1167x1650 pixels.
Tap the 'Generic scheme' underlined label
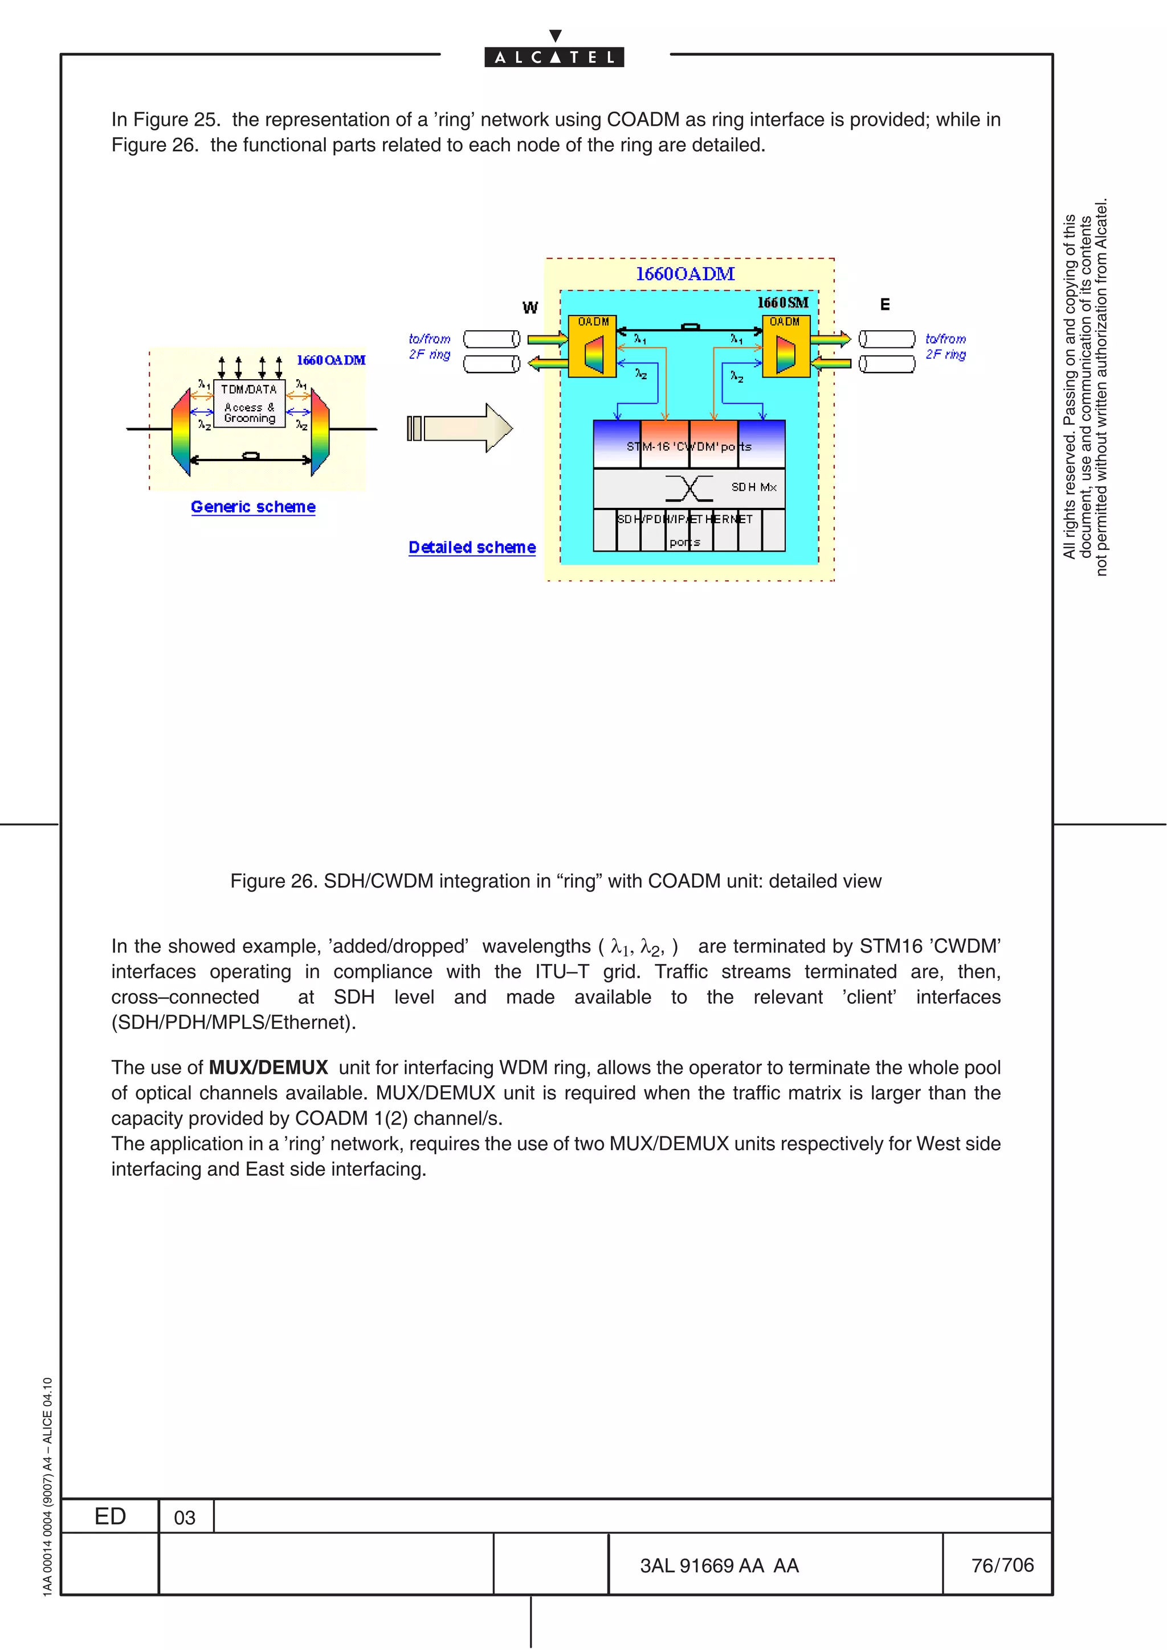[x=253, y=507]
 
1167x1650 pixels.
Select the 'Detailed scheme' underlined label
[x=472, y=548]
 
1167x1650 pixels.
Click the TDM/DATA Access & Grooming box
[x=249, y=404]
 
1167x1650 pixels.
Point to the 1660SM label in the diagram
[x=782, y=302]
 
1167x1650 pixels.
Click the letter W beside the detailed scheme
[x=530, y=307]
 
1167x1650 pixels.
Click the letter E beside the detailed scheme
[x=884, y=305]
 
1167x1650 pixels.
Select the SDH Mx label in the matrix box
[x=753, y=487]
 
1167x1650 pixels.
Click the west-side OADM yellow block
[x=593, y=346]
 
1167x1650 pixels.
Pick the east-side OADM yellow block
[x=785, y=346]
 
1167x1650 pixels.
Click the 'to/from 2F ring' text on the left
[x=429, y=346]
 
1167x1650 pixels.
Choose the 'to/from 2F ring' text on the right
[x=945, y=346]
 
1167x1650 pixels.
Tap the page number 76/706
[x=1002, y=1565]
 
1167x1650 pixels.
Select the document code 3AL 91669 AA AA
[x=719, y=1566]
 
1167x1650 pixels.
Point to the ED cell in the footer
[x=110, y=1516]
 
